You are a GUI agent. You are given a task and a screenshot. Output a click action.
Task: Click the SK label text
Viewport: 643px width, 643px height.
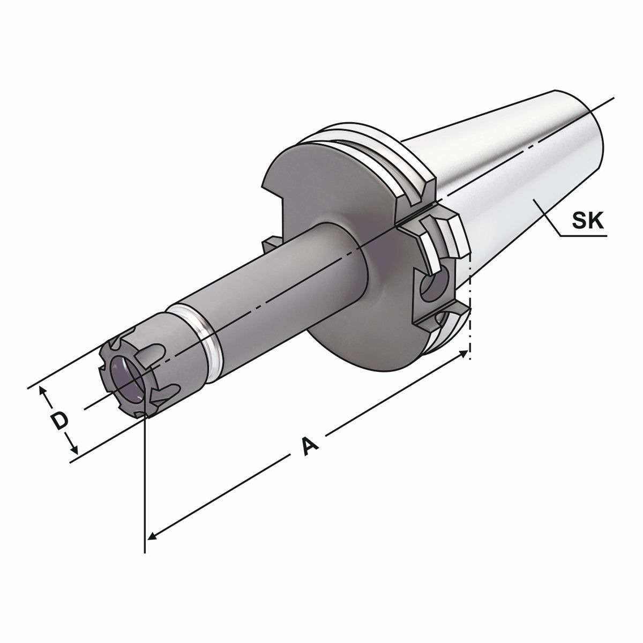point(587,220)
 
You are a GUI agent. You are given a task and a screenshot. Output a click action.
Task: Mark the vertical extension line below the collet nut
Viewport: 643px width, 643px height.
point(145,482)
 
